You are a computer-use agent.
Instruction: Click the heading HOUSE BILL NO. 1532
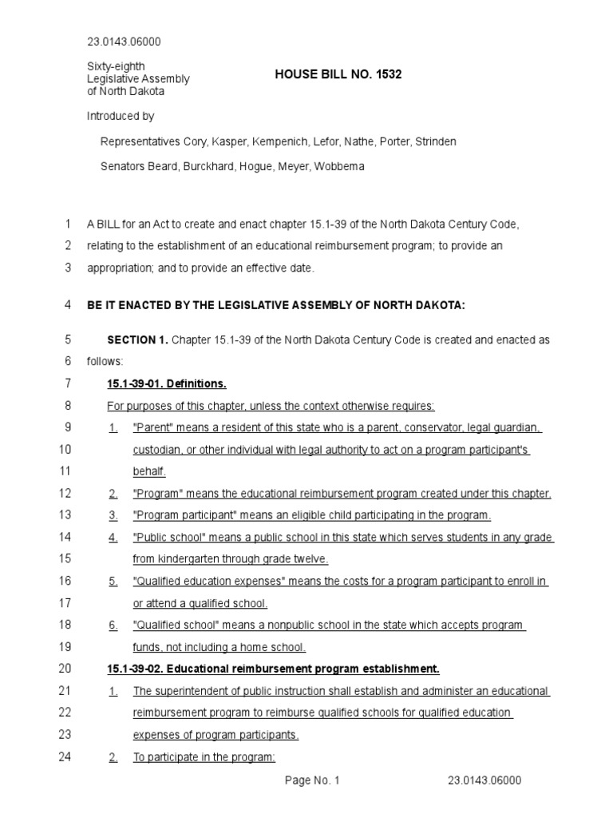coord(338,74)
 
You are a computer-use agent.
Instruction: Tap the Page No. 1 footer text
coord(313,780)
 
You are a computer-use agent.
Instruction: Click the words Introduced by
coord(121,116)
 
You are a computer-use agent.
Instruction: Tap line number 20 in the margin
coord(65,668)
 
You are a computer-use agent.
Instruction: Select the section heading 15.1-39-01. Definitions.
coord(167,383)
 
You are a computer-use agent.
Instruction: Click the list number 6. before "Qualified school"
coord(113,625)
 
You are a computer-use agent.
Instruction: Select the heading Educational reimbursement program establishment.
coord(304,668)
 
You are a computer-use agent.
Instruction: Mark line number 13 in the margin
coord(65,514)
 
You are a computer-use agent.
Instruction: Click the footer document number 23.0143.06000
coord(484,780)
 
